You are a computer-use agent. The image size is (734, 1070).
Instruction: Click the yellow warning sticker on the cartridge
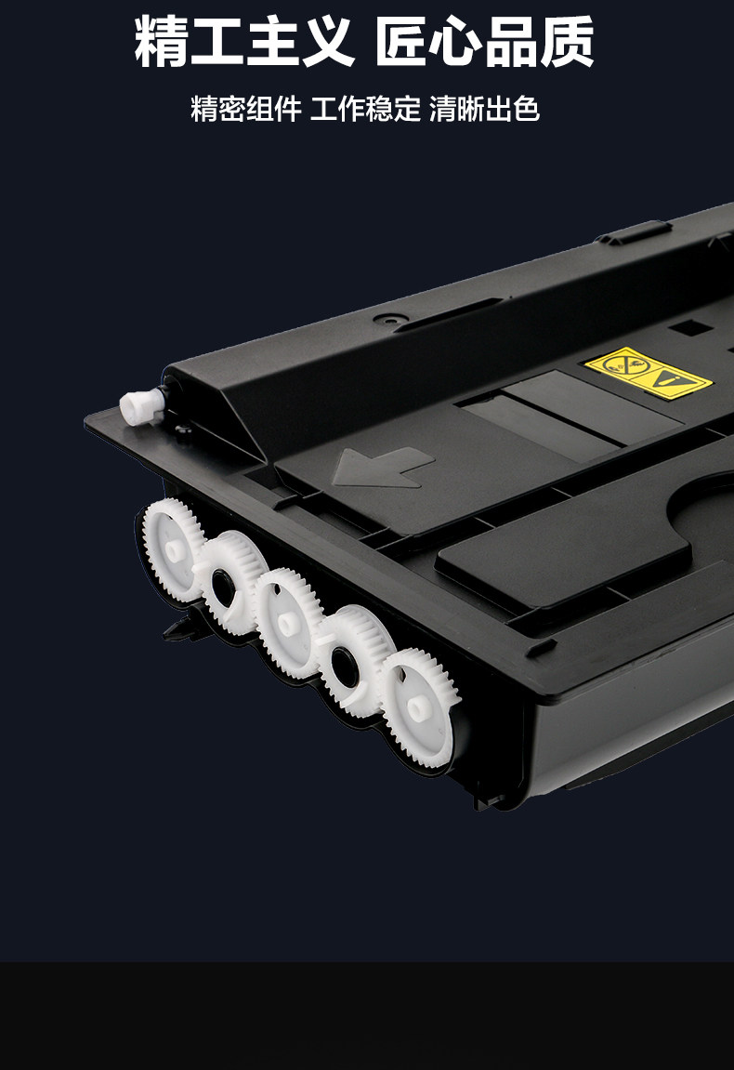pyautogui.click(x=648, y=371)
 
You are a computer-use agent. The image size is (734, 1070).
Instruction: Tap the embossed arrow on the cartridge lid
pyautogui.click(x=383, y=468)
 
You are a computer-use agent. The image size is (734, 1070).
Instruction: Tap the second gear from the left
pyautogui.click(x=229, y=582)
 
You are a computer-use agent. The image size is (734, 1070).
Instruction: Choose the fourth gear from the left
pyautogui.click(x=353, y=661)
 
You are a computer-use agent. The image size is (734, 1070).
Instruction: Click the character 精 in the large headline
pyautogui.click(x=161, y=42)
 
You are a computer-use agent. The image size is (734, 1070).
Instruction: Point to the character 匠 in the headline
pyautogui.click(x=402, y=42)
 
